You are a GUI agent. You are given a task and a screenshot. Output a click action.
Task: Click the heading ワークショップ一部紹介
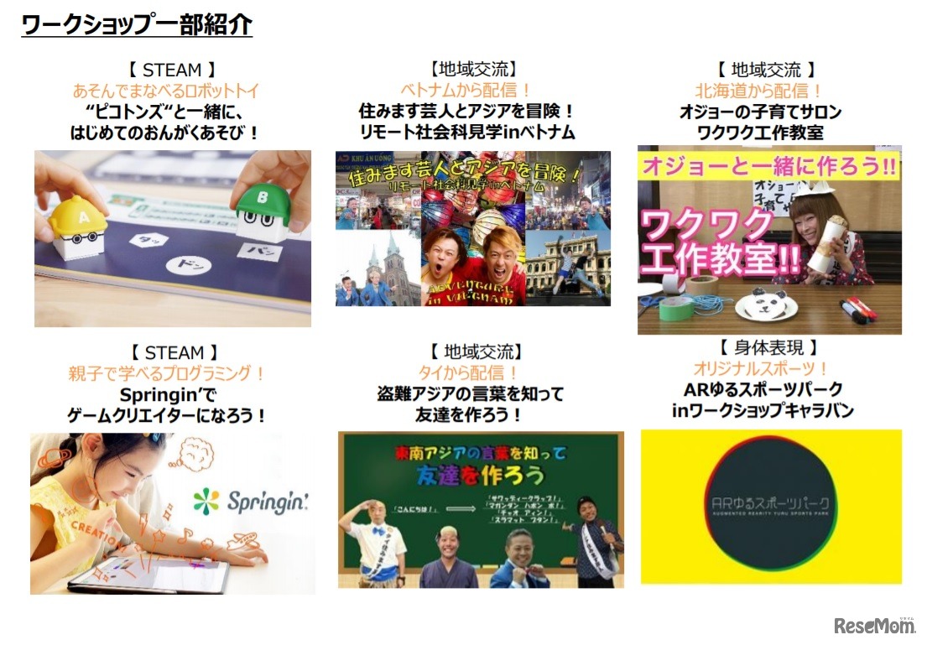137,24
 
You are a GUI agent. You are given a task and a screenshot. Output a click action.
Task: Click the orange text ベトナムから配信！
466,90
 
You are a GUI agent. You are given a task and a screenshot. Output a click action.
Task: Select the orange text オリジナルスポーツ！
761,368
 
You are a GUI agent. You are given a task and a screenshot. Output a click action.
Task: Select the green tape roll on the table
676,308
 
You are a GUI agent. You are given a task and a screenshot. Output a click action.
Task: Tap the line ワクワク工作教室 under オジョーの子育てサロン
760,133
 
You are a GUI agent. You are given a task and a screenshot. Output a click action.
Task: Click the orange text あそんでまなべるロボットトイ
166,90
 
